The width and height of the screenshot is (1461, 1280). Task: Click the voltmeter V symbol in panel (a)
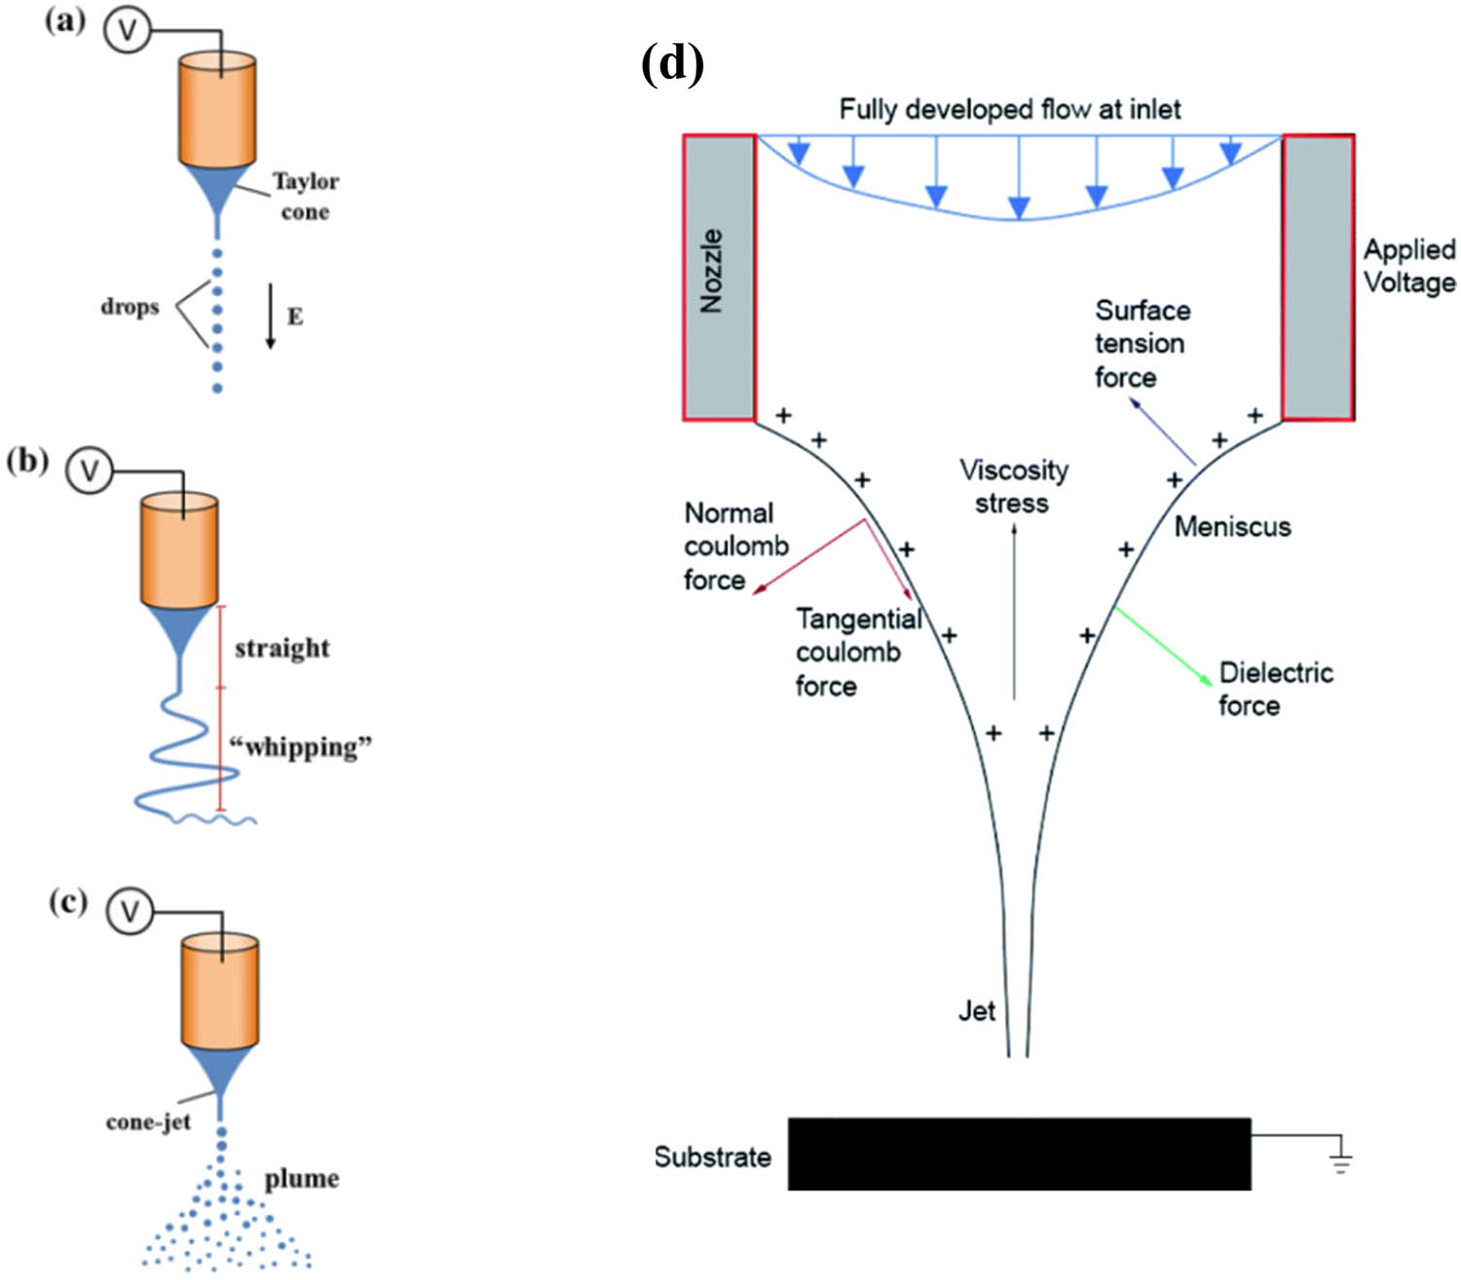[x=127, y=30]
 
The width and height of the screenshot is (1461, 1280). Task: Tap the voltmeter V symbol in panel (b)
[x=89, y=471]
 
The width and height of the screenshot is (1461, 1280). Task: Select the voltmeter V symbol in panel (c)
[x=130, y=913]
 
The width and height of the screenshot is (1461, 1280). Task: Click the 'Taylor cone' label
[x=305, y=196]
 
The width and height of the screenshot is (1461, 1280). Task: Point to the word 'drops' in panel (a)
[x=130, y=307]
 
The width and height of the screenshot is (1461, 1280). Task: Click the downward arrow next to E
[x=271, y=317]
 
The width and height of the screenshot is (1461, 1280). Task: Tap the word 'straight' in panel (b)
[x=281, y=648]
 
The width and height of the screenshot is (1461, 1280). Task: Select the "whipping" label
[x=301, y=747]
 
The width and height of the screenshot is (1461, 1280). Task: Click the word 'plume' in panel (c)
[x=302, y=1179]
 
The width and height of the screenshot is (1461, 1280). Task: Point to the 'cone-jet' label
[x=148, y=1122]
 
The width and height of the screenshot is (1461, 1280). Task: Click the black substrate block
[x=1019, y=1154]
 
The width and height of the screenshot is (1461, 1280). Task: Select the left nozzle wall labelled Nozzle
[x=719, y=278]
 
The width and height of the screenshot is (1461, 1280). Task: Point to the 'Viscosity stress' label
[x=1013, y=486]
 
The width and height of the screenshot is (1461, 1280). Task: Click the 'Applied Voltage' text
[x=1408, y=266]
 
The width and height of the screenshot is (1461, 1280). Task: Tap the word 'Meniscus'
[x=1232, y=527]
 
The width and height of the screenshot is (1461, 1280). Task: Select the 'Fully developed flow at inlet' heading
[x=1010, y=109]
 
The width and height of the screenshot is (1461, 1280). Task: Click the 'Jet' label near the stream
[x=976, y=1011]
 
